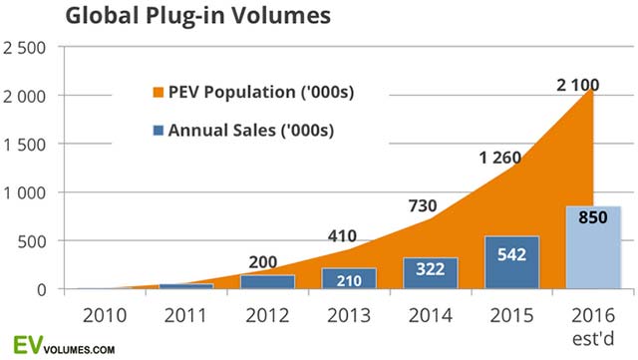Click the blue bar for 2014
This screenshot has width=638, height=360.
[430, 273]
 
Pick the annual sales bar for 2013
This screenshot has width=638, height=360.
[348, 278]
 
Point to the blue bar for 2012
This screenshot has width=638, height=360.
[267, 281]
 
